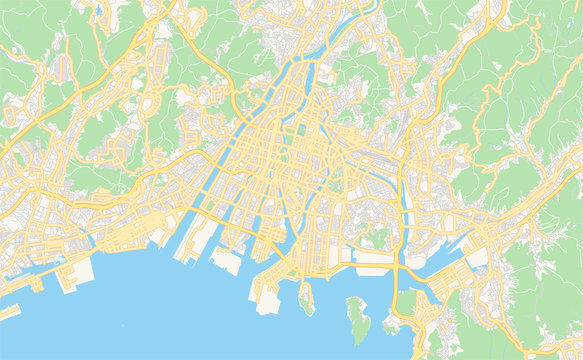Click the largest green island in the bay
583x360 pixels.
357,318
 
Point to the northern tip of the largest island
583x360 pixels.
352,299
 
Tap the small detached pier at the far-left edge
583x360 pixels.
8,311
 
